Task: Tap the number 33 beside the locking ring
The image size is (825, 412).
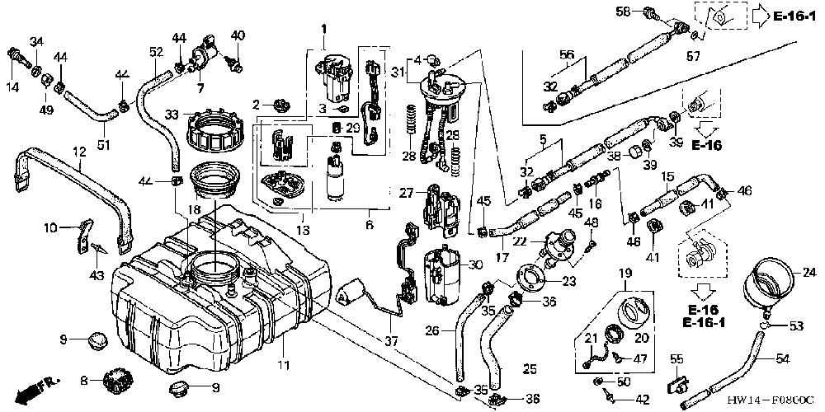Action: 172,115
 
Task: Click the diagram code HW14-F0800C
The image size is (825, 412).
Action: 771,400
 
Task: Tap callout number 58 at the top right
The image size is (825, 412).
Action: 624,12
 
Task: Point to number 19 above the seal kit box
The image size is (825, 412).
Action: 625,273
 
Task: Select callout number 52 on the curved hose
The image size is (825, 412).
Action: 155,52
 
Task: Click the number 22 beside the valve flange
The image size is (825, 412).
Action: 520,241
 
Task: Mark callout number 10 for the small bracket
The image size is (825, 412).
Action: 72,227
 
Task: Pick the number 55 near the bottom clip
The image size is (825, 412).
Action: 676,358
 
